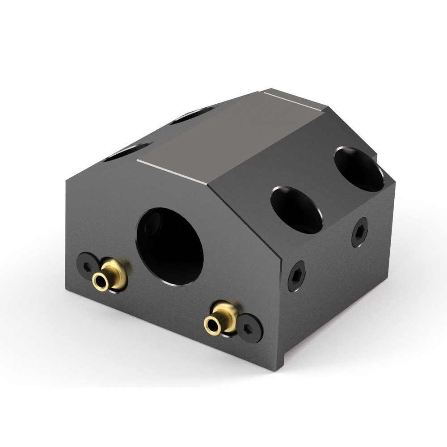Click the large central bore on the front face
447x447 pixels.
[170, 246]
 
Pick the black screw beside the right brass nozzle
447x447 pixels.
[249, 328]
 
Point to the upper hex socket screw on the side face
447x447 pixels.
[359, 232]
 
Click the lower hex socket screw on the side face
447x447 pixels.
[296, 276]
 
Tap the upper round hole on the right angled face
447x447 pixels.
[358, 169]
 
